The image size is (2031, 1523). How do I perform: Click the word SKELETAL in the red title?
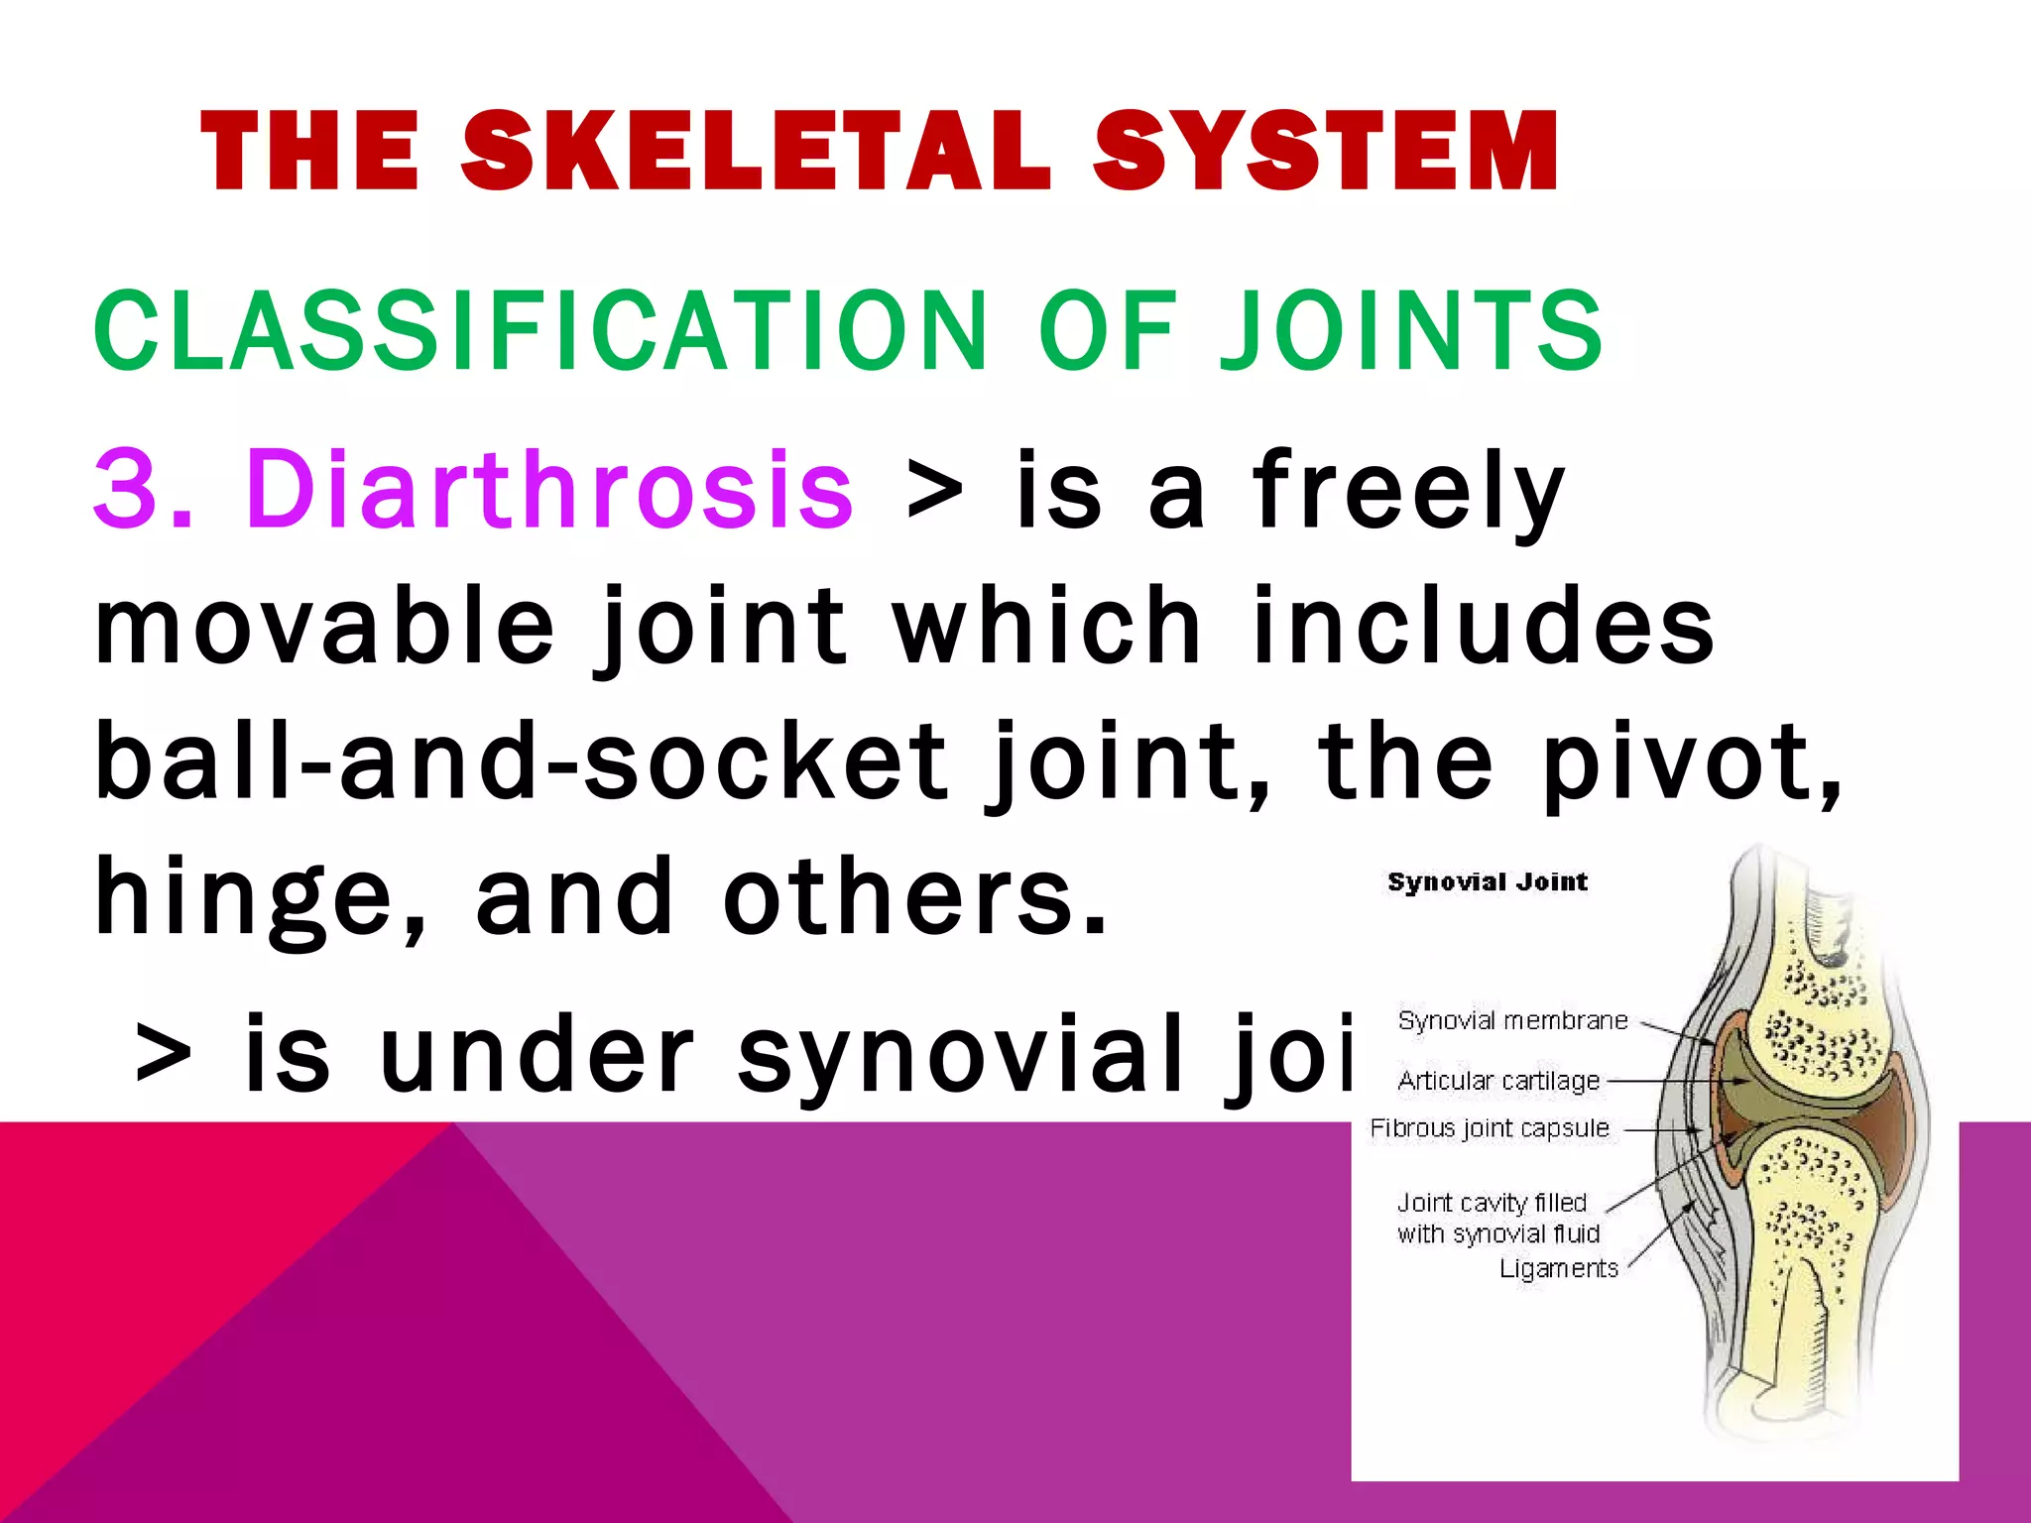point(756,151)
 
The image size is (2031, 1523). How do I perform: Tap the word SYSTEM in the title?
point(1325,151)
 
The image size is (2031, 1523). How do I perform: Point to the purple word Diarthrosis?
point(551,489)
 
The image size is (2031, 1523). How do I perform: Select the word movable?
point(323,627)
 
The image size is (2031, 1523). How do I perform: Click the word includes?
point(1483,627)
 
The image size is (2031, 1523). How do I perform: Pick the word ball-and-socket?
point(521,761)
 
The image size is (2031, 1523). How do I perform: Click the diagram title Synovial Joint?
point(1488,881)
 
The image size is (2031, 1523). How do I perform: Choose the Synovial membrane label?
point(1512,1020)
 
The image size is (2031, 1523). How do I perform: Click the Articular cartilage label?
point(1498,1080)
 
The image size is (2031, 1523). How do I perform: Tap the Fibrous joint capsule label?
point(1490,1128)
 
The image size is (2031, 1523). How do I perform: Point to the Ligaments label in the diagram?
point(1558,1268)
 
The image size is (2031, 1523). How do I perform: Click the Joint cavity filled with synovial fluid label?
point(1497,1218)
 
